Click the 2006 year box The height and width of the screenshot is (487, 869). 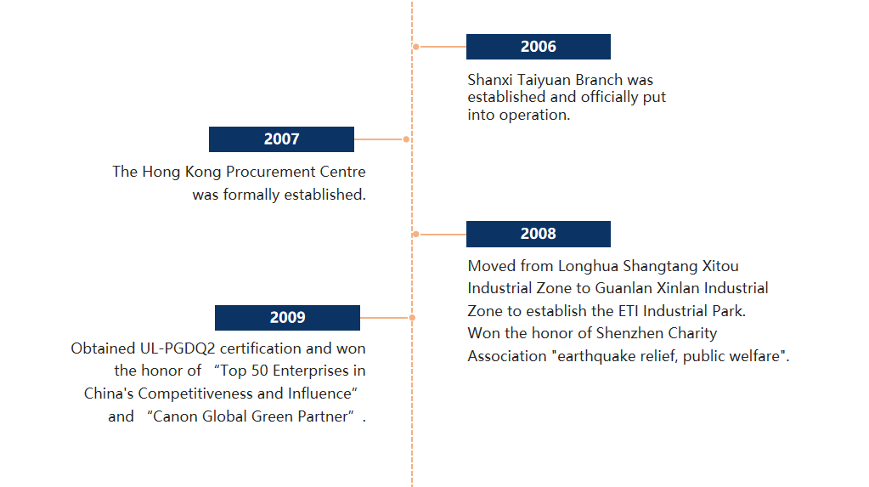tap(539, 47)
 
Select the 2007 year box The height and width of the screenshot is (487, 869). tap(281, 139)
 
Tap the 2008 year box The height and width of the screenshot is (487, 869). tap(539, 234)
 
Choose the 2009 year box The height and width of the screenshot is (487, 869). tap(288, 318)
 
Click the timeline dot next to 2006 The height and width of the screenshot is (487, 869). tap(415, 47)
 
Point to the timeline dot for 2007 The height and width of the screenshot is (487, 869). tap(406, 139)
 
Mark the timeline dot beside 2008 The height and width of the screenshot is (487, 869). tap(415, 234)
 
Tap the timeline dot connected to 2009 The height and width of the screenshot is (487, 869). tap(412, 318)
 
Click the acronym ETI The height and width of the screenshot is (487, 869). tap(629, 311)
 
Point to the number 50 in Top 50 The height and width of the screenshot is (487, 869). tap(259, 371)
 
